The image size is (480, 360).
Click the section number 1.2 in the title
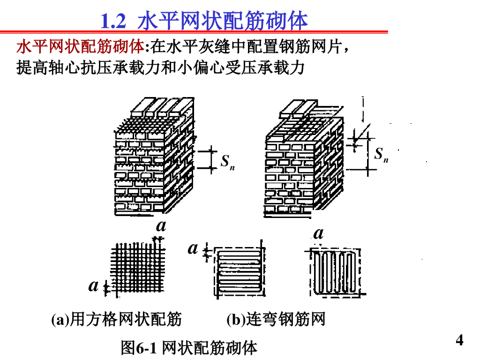tap(114, 21)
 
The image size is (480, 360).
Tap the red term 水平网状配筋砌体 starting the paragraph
tap(80, 48)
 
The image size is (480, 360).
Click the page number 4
tap(459, 340)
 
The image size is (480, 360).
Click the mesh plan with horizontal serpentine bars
tap(239, 272)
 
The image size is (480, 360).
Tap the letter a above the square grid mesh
tap(161, 226)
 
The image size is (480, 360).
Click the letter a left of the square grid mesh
tap(94, 285)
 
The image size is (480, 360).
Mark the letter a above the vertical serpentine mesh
tap(319, 233)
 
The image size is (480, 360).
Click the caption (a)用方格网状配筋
tap(116, 320)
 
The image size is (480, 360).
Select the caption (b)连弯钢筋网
tap(276, 320)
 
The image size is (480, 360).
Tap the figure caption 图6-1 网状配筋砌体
tap(189, 348)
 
